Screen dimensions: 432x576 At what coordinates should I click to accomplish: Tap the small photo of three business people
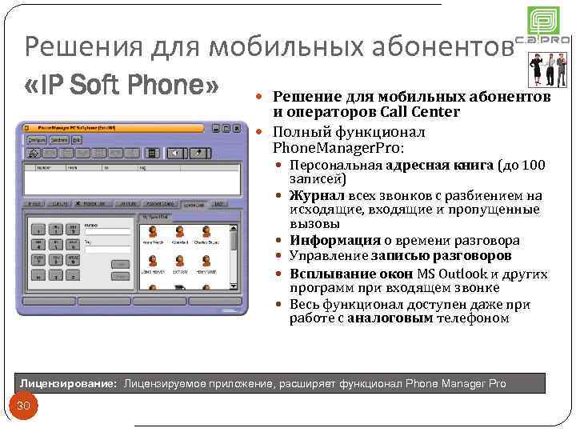550,71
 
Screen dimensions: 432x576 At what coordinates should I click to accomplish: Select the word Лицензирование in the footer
69,384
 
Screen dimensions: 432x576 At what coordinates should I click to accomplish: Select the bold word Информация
335,240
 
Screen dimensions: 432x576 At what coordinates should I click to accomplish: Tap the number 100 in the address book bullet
534,166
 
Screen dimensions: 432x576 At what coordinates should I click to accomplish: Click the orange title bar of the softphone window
120,127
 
